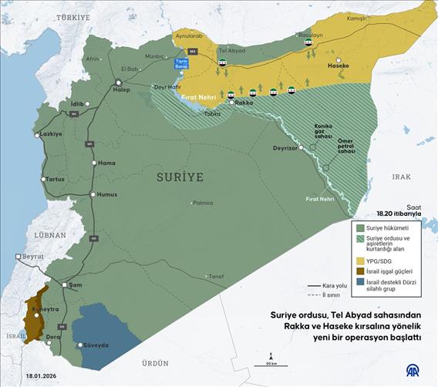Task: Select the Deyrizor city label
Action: pos(285,147)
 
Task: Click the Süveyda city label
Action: pos(96,345)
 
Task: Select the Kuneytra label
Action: pos(47,309)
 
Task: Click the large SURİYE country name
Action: pos(180,177)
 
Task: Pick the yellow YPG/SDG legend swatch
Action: pos(359,260)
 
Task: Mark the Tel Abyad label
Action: pos(232,50)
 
